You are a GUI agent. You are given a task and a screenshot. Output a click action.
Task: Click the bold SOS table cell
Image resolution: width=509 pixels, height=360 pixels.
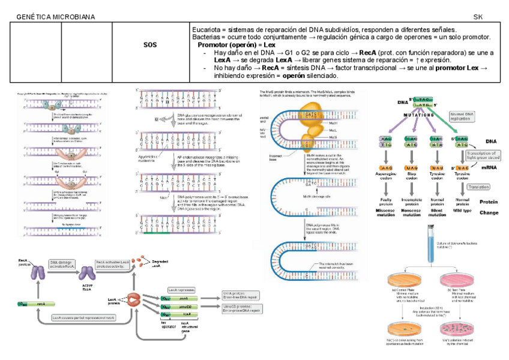(x=150, y=45)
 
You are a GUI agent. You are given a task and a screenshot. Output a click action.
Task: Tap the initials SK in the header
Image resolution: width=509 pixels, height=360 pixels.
(x=478, y=16)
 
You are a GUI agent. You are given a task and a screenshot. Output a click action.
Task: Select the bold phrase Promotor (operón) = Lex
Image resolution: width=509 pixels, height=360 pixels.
(x=236, y=45)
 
